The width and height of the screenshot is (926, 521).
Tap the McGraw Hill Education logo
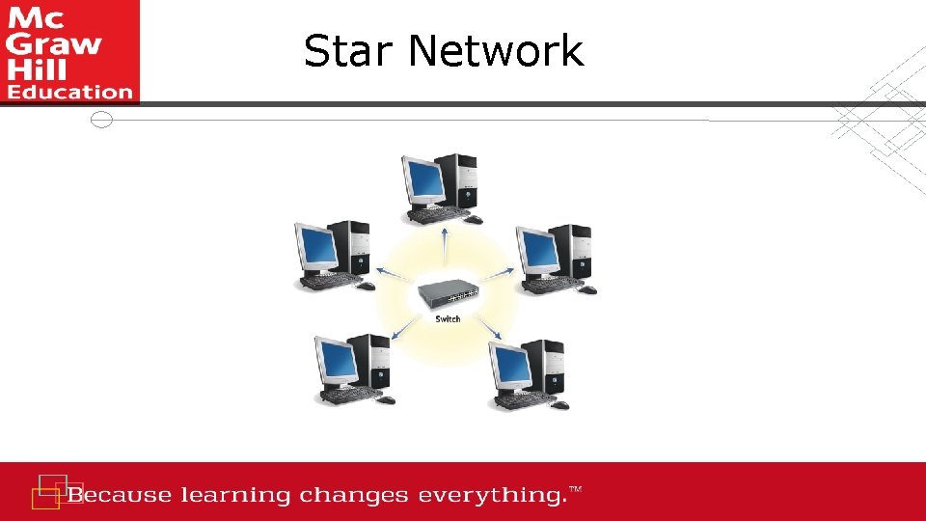69,51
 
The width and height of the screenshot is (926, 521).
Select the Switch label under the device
448,319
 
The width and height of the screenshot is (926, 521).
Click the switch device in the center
449,294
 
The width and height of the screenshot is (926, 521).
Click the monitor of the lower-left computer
336,362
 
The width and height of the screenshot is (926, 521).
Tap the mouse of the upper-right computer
588,289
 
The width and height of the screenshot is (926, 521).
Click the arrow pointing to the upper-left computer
391,276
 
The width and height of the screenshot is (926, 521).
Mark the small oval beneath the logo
101,120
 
